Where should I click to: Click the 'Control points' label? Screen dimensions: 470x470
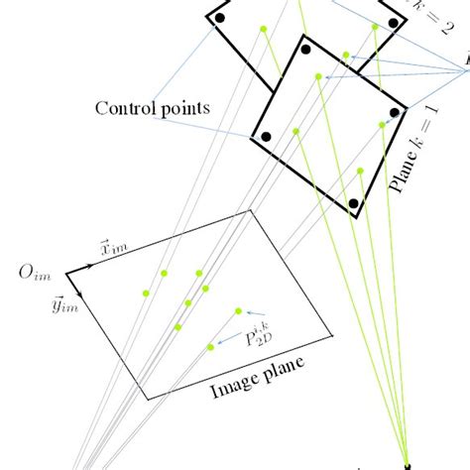click(x=152, y=107)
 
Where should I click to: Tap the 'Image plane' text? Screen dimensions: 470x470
click(x=257, y=376)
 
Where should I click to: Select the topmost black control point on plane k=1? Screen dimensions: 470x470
click(x=306, y=49)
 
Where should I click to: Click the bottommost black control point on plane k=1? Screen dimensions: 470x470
click(x=352, y=204)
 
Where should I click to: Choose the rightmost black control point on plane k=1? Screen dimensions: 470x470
click(x=395, y=113)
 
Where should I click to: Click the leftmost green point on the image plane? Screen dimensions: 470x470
click(x=146, y=293)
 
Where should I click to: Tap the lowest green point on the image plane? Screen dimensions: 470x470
click(x=210, y=347)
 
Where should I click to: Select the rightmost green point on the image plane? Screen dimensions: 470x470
click(x=238, y=311)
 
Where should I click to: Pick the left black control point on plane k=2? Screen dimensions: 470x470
click(x=219, y=19)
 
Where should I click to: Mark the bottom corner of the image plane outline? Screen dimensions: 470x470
click(x=149, y=400)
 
